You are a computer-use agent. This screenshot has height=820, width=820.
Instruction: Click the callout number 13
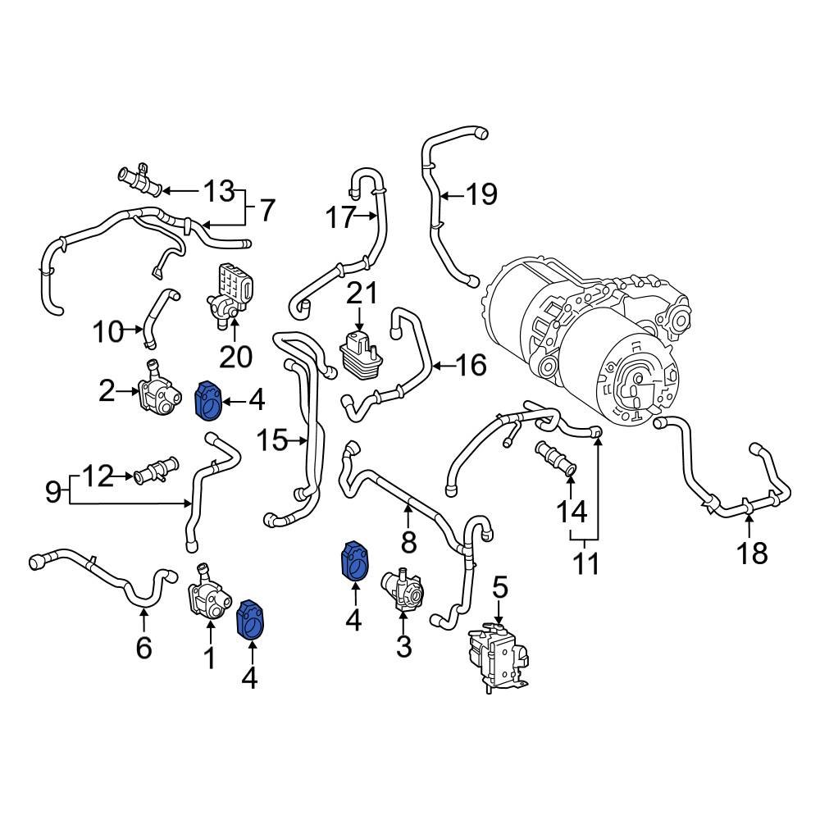coord(219,192)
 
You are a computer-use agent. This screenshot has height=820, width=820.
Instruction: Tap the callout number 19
coord(481,194)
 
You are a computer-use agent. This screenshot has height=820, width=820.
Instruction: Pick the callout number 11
coord(585,563)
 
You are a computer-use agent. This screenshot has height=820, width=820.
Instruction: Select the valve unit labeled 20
coord(231,293)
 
